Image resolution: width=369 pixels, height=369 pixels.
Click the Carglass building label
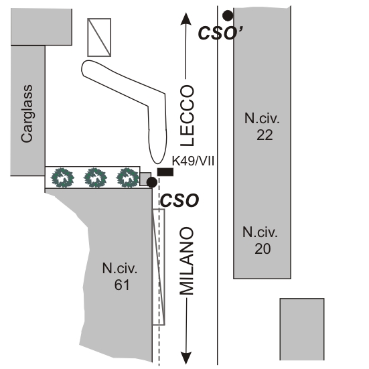click(27, 114)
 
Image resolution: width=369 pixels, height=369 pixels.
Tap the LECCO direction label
click(187, 116)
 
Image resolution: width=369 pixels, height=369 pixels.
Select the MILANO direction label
click(187, 261)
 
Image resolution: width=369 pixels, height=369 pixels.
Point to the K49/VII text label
click(193, 161)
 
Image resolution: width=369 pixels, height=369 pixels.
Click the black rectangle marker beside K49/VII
click(165, 172)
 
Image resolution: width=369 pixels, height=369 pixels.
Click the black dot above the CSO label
click(152, 182)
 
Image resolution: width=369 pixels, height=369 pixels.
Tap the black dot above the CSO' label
click(228, 16)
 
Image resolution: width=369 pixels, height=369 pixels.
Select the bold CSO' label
click(220, 33)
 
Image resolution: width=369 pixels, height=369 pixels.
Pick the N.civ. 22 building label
click(262, 127)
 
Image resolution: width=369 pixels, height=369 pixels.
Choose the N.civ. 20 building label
click(261, 240)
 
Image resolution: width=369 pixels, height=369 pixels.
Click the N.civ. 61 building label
click(120, 277)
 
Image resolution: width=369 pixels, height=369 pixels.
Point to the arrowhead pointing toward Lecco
click(186, 19)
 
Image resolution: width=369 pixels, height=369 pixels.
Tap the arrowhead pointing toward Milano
click(186, 358)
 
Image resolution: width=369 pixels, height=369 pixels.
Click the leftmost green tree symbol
click(62, 177)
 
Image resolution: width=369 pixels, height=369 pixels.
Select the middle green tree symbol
click(95, 177)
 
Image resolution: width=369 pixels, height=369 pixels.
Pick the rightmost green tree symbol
click(128, 177)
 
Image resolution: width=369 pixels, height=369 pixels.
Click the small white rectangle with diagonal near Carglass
click(99, 38)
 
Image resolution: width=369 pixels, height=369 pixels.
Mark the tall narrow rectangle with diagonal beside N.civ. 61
click(159, 267)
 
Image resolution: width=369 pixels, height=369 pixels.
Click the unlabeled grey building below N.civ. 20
click(302, 329)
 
